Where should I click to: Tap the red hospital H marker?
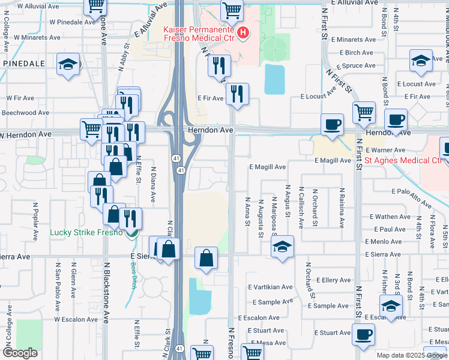click(243, 33)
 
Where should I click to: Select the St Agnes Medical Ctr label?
click(403, 160)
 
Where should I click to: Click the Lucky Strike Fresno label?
click(86, 232)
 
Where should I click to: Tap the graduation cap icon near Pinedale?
click(68, 65)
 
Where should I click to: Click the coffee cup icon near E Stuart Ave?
click(363, 335)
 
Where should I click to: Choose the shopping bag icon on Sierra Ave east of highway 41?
click(206, 259)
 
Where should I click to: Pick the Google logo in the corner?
click(20, 353)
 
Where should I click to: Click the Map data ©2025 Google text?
click(412, 355)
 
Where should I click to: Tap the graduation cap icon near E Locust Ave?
click(421, 61)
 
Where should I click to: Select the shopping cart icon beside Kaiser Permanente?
click(232, 10)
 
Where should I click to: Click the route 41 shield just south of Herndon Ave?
click(180, 171)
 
